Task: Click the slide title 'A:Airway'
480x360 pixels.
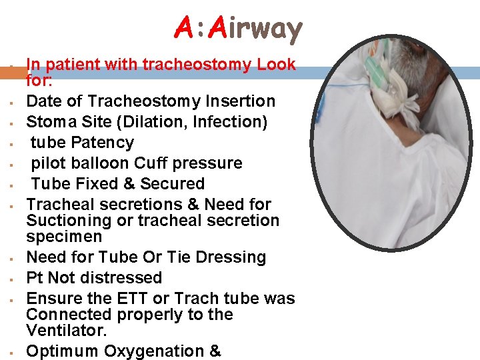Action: [239, 28]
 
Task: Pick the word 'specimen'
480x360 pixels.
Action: [64, 237]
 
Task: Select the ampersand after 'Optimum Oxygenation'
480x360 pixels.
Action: [215, 351]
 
